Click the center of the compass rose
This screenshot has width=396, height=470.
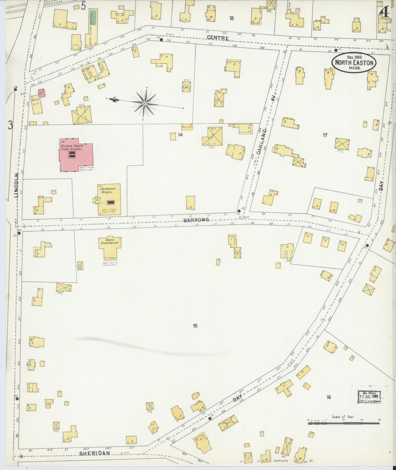tap(145, 103)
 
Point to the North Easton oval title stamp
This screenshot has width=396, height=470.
tap(354, 63)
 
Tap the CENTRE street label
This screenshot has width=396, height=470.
tap(218, 38)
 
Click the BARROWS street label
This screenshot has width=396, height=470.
tap(196, 220)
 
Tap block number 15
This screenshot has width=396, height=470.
tap(195, 326)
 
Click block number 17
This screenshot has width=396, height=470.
tap(325, 135)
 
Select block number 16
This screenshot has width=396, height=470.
tap(328, 397)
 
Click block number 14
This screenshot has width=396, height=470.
tap(180, 135)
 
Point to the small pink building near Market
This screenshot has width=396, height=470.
tap(41, 93)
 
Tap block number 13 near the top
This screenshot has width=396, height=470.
tap(232, 18)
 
